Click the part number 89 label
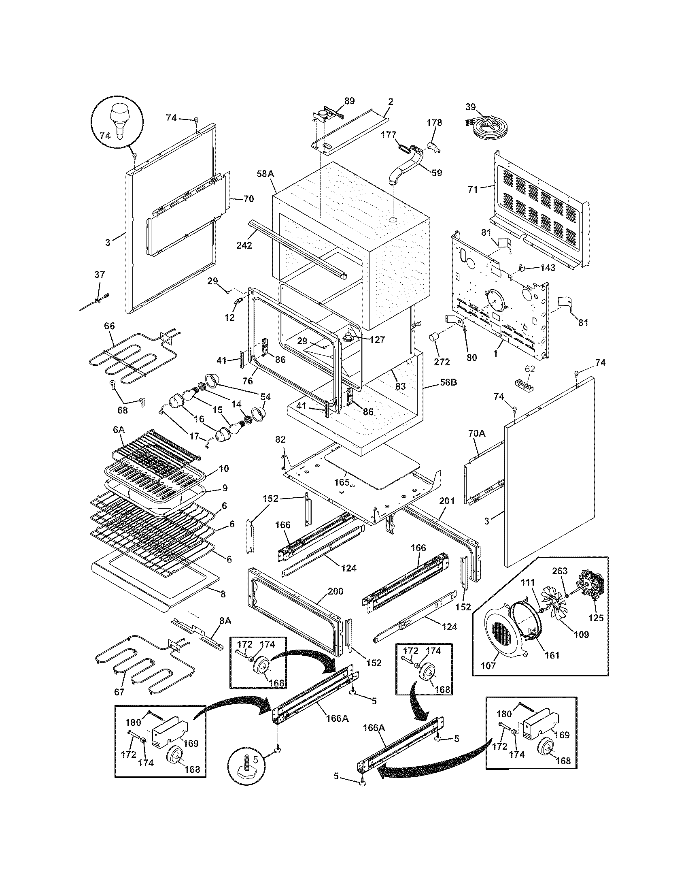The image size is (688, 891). [349, 101]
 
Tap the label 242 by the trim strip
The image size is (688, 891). [244, 245]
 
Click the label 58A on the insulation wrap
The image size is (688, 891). [265, 173]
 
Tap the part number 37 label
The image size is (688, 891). [100, 275]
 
